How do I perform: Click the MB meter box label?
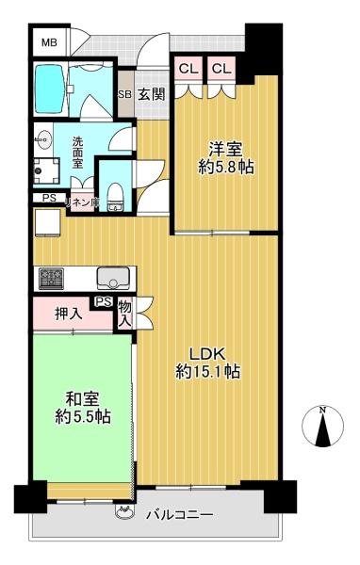(49, 43)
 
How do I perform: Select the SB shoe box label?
(125, 94)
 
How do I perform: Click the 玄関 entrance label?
(152, 94)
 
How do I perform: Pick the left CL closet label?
(188, 69)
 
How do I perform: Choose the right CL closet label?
(221, 69)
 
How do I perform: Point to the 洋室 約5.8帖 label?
(226, 158)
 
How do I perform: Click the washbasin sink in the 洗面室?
(43, 139)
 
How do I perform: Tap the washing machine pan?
(46, 170)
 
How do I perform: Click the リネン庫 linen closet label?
(82, 202)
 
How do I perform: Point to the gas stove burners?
(51, 279)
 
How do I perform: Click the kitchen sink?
(113, 278)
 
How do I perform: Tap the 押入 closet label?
(69, 315)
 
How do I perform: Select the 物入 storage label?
(124, 313)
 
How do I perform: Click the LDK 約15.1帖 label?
(207, 363)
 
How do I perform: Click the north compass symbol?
(322, 427)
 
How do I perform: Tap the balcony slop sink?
(124, 511)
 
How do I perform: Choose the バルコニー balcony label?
(179, 515)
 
